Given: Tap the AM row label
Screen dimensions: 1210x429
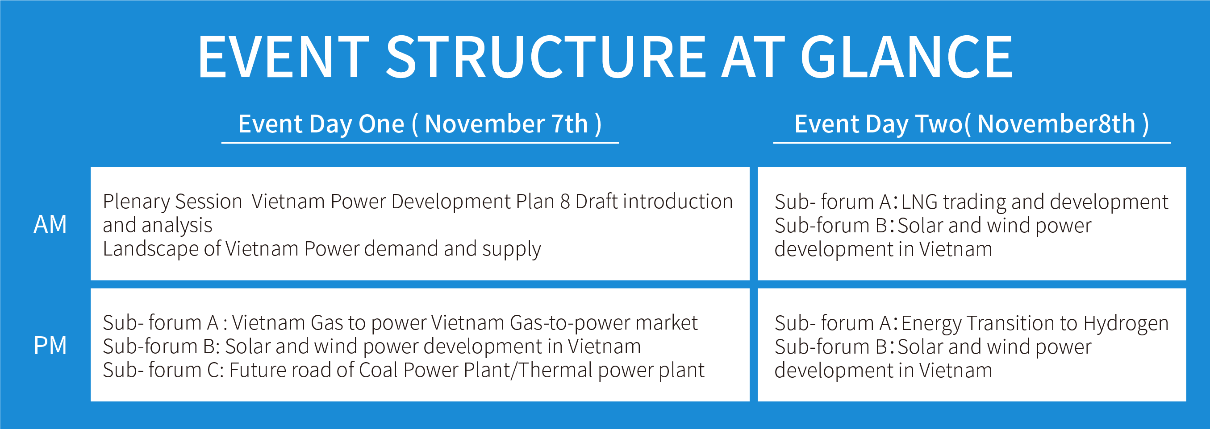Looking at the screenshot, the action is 50,224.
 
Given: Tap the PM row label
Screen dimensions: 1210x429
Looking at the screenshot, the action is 50,346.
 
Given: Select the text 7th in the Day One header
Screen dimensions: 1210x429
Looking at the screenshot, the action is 570,124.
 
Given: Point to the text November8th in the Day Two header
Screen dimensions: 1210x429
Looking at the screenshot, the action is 1056,124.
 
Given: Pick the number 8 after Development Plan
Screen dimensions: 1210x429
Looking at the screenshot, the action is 565,202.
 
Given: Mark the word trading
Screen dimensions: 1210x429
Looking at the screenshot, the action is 974,202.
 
